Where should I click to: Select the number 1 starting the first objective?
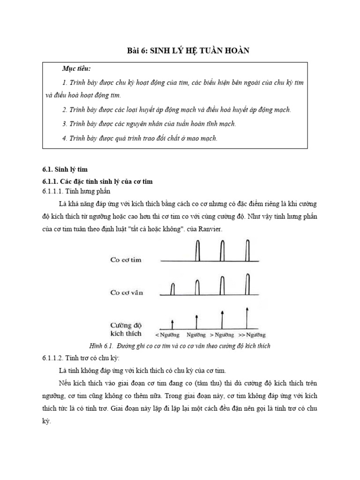(64, 82)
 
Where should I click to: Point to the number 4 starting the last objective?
(64, 138)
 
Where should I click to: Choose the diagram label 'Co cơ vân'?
(127, 292)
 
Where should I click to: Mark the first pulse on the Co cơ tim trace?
(198, 250)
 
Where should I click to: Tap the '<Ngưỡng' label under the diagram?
(167, 335)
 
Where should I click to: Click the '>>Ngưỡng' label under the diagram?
(252, 335)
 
